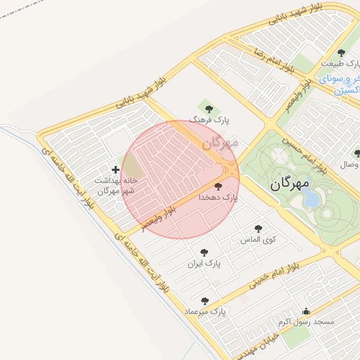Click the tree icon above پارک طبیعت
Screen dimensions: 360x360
click(342, 53)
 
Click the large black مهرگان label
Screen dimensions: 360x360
click(289, 184)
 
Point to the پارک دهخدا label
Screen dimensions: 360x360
click(218, 198)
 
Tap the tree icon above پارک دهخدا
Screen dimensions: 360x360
click(218, 187)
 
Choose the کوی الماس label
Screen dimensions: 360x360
click(259, 239)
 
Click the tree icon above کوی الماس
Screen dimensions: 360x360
click(258, 228)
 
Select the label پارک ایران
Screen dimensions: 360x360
click(204, 264)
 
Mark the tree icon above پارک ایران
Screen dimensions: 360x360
click(204, 252)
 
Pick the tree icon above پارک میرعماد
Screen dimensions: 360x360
click(205, 300)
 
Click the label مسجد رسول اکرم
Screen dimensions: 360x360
click(305, 321)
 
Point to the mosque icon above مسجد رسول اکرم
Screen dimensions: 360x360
click(305, 311)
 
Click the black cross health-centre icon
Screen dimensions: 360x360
click(115, 169)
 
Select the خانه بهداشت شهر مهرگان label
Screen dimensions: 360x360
click(115, 186)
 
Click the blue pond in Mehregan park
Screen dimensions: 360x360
click(311, 199)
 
